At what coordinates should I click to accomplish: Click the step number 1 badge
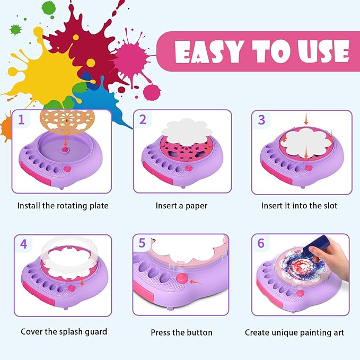(x=22, y=119)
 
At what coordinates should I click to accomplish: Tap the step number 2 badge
(x=143, y=119)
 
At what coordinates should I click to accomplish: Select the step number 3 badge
(x=261, y=119)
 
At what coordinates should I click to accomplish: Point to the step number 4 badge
(x=23, y=244)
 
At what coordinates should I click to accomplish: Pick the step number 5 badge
(x=142, y=244)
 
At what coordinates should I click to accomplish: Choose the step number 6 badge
(x=261, y=244)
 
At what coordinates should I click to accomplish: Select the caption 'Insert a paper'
(x=181, y=205)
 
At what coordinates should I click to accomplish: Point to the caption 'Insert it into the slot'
(x=299, y=205)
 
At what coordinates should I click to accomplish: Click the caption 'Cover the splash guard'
(x=64, y=331)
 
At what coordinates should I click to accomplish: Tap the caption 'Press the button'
(x=181, y=332)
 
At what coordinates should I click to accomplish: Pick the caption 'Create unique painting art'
(x=294, y=332)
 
